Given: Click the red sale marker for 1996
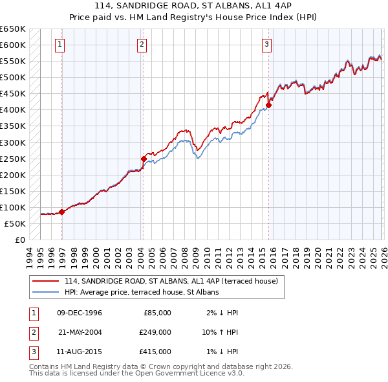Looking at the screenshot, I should tap(62, 212).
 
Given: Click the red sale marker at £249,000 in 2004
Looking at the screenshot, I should tap(144, 158).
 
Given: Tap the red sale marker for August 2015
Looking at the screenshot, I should tap(268, 104).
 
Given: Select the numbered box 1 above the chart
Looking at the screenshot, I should tap(59, 45).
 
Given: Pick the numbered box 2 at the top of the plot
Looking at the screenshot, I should tap(141, 45).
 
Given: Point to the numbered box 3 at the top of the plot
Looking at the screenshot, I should tap(266, 45).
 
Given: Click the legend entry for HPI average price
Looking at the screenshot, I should tap(142, 292).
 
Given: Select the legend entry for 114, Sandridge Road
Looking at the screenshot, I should tap(171, 281).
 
